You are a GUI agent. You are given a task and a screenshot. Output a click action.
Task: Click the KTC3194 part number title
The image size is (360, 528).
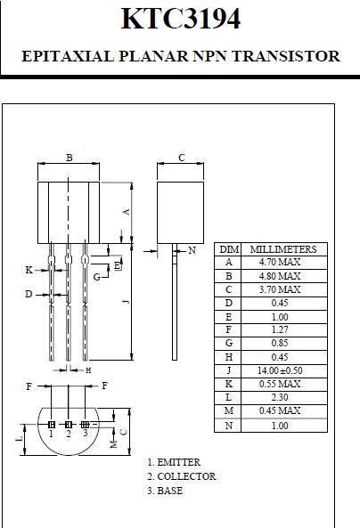click(x=181, y=19)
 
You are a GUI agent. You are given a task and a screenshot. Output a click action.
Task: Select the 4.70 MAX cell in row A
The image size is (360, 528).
click(x=280, y=262)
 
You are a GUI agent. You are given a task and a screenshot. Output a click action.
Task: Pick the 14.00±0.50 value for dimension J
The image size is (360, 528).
click(x=280, y=370)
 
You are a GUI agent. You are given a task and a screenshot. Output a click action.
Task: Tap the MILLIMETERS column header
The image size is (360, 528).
click(x=283, y=249)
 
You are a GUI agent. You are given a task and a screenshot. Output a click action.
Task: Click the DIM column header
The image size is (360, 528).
click(x=229, y=249)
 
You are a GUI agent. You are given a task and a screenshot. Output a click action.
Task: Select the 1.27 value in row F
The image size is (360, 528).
click(x=280, y=329)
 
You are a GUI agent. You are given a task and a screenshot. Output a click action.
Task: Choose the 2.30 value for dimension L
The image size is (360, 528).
click(x=280, y=397)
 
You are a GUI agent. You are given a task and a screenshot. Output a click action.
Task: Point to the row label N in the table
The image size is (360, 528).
click(x=228, y=426)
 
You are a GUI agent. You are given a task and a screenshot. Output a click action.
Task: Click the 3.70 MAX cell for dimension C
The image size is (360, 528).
click(x=280, y=289)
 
